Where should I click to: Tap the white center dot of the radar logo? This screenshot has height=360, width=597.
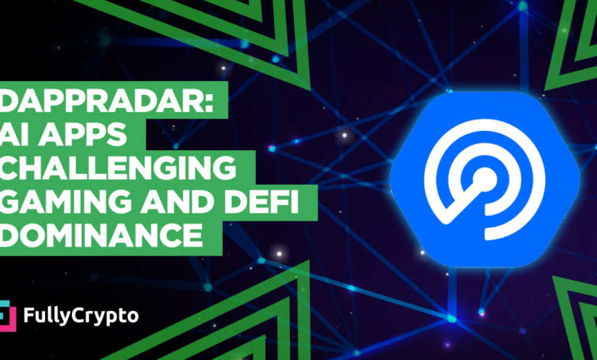pyautogui.click(x=481, y=183)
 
